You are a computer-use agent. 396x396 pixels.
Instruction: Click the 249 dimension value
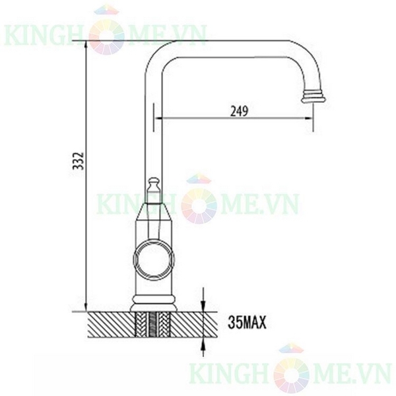(x=239, y=112)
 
